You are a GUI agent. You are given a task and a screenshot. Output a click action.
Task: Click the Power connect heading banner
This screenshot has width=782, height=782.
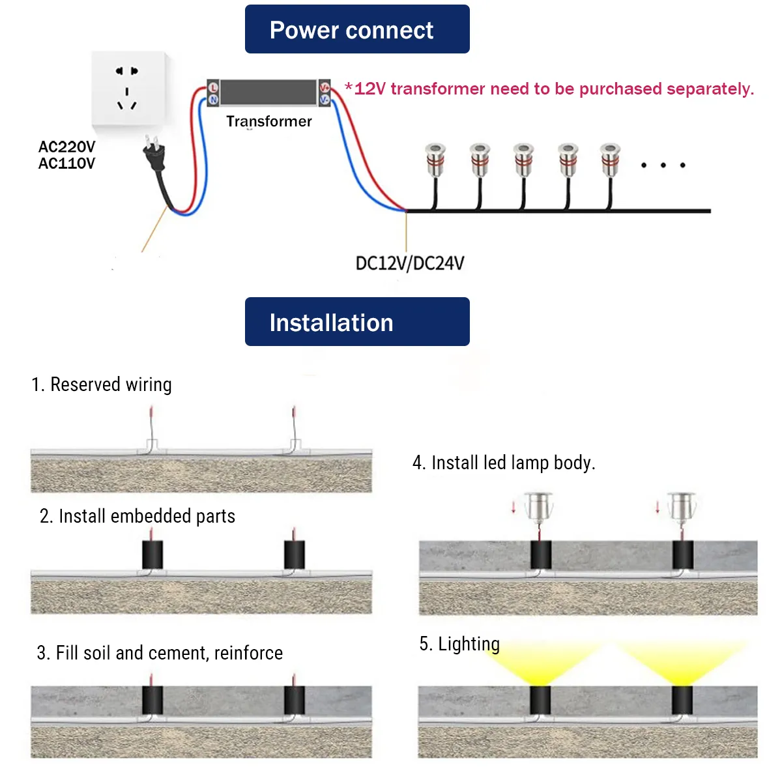356,29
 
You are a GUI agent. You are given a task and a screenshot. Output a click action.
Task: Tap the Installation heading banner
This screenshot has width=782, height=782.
356,322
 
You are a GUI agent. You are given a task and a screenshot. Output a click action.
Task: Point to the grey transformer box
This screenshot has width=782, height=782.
268,92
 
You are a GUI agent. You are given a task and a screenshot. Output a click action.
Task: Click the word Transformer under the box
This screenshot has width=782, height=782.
268,121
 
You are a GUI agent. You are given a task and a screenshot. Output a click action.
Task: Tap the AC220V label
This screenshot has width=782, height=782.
66,147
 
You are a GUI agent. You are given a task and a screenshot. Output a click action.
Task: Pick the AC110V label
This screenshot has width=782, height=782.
66,164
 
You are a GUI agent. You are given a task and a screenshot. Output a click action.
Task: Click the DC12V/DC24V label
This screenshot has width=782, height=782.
409,263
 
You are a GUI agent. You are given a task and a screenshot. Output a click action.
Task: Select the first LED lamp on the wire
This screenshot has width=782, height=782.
435,160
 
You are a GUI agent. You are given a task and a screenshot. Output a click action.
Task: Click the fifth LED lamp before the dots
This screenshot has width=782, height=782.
610,160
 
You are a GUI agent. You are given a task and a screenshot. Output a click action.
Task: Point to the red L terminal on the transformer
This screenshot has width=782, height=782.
213,87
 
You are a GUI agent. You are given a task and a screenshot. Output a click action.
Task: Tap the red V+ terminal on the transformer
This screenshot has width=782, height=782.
325,87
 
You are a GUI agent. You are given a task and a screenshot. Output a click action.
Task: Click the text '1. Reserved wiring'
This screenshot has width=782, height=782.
102,384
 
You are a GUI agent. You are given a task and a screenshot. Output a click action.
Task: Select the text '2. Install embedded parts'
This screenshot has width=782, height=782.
137,516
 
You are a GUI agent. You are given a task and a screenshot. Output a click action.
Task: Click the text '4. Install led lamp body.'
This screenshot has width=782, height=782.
504,463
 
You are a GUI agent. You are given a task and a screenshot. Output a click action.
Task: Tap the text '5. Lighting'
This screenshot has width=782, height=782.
459,644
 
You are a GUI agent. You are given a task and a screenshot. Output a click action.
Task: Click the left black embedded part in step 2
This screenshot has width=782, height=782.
152,555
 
